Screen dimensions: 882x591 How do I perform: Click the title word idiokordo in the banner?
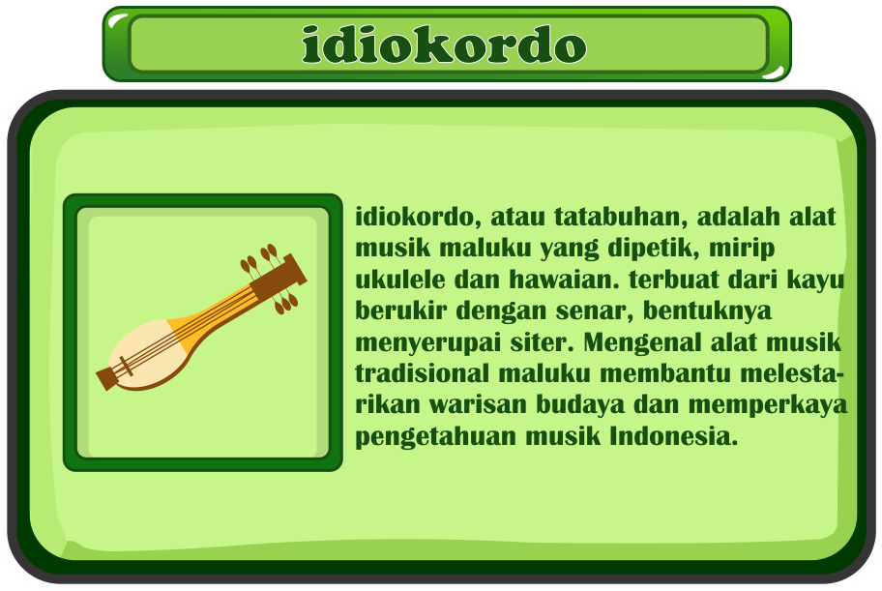pyautogui.click(x=444, y=44)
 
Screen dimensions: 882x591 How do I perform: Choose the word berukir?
pyautogui.click(x=401, y=310)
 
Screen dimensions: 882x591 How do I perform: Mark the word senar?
pyautogui.click(x=595, y=311)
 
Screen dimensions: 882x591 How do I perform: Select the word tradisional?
pyautogui.click(x=422, y=373)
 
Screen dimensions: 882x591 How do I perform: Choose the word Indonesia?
pyautogui.click(x=673, y=436)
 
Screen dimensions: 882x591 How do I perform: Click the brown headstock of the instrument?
pyautogui.click(x=279, y=278)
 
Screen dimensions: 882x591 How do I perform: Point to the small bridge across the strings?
pyautogui.click(x=126, y=367)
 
